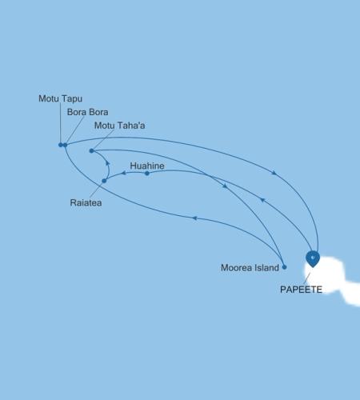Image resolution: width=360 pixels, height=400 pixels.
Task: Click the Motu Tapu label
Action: click(x=60, y=98)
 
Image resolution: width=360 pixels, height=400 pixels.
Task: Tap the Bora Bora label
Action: click(x=87, y=112)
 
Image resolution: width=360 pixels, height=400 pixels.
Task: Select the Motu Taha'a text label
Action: click(x=120, y=126)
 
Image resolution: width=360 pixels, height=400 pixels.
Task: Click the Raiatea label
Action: click(x=86, y=203)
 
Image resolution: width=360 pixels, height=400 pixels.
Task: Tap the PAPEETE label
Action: click(x=301, y=290)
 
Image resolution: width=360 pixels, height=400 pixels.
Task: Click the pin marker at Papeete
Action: click(x=313, y=258)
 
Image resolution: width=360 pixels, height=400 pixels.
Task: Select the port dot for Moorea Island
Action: click(x=284, y=266)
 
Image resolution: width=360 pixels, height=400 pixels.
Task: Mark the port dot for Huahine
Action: click(x=147, y=174)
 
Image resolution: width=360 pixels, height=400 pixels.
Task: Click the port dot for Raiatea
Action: click(x=104, y=181)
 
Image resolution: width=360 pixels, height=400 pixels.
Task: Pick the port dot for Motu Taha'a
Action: click(x=92, y=150)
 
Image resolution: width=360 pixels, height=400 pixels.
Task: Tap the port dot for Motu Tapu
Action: click(x=61, y=145)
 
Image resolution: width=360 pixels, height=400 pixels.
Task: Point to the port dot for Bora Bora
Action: click(x=66, y=145)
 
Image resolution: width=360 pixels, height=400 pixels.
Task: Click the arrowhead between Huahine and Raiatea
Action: click(x=123, y=174)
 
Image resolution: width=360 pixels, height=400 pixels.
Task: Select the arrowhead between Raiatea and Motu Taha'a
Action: click(x=107, y=162)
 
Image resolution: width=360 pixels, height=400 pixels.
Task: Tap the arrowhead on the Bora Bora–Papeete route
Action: click(x=276, y=173)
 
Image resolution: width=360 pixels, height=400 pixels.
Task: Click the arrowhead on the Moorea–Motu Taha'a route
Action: click(x=225, y=186)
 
